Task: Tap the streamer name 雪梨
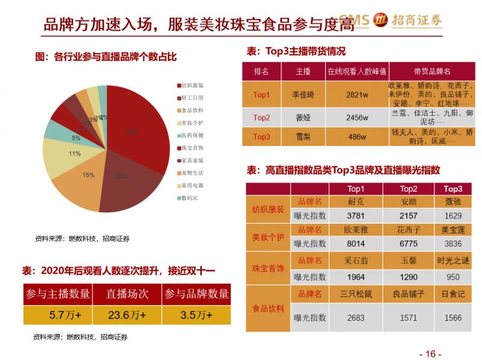[x=303, y=137]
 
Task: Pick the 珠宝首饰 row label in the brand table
[x=268, y=268]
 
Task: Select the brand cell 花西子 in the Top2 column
[x=408, y=230]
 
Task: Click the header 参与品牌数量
[x=196, y=294]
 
